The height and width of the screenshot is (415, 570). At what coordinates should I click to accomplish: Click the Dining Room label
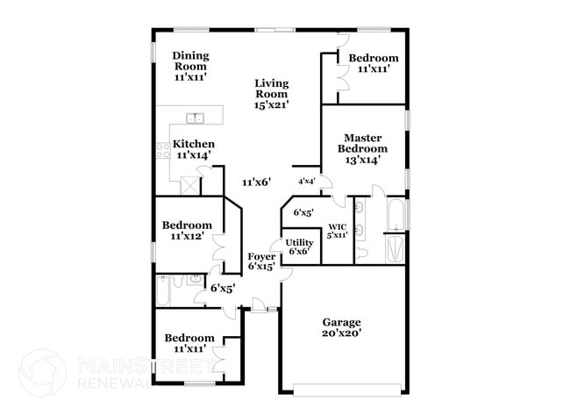coord(189,66)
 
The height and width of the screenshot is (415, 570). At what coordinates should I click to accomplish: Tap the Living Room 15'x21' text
coord(272,94)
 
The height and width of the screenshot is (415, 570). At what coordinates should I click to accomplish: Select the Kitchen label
coord(194,149)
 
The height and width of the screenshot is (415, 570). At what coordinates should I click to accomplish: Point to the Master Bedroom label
coord(362,148)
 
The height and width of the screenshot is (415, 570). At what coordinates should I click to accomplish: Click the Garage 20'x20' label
coord(341,327)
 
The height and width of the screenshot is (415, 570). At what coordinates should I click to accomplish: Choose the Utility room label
coord(299,247)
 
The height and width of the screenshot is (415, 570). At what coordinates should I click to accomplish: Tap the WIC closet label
coord(338,231)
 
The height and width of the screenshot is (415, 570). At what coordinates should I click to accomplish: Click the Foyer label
coord(261,261)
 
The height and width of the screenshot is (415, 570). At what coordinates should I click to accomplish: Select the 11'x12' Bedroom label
coord(187,231)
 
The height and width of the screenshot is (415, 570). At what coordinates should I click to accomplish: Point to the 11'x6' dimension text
coord(256,182)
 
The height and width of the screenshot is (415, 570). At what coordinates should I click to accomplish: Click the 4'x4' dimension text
coord(307,182)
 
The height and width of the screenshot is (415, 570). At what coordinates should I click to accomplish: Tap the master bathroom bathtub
coord(396,212)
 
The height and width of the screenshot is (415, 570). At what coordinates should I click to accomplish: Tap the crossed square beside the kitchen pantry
coord(189,185)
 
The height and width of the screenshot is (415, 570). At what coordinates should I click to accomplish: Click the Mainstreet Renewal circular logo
coord(42,373)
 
